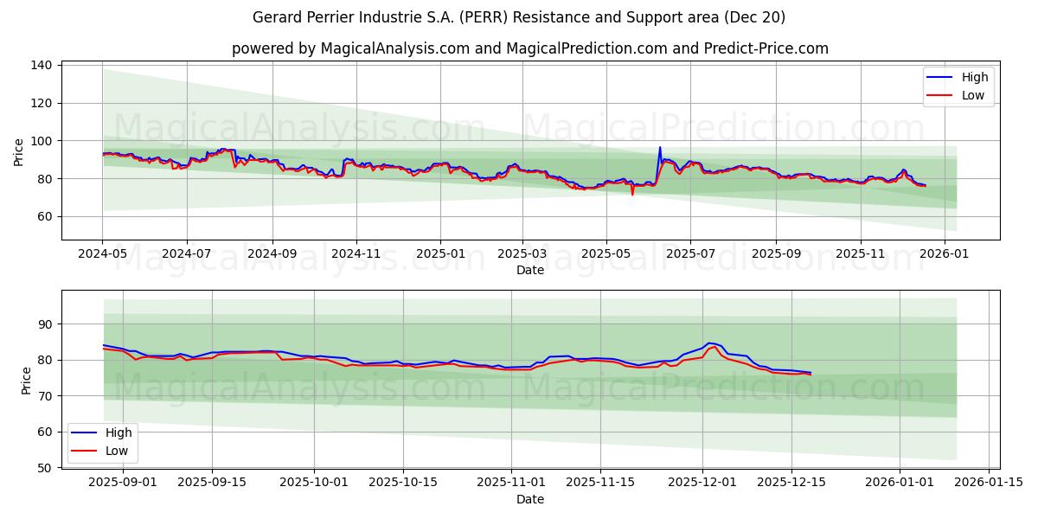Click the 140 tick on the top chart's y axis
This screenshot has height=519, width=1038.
42,65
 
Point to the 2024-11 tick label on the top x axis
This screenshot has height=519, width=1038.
356,255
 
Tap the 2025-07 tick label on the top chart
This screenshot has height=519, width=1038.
689,255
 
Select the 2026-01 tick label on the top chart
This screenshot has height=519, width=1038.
944,255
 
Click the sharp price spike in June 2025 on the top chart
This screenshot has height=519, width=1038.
660,148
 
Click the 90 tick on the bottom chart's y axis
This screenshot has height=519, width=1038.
46,324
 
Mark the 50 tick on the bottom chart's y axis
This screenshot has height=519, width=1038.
46,468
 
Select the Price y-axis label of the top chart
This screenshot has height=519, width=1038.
19,152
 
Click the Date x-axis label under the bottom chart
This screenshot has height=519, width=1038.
530,499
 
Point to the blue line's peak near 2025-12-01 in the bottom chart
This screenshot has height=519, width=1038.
709,343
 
